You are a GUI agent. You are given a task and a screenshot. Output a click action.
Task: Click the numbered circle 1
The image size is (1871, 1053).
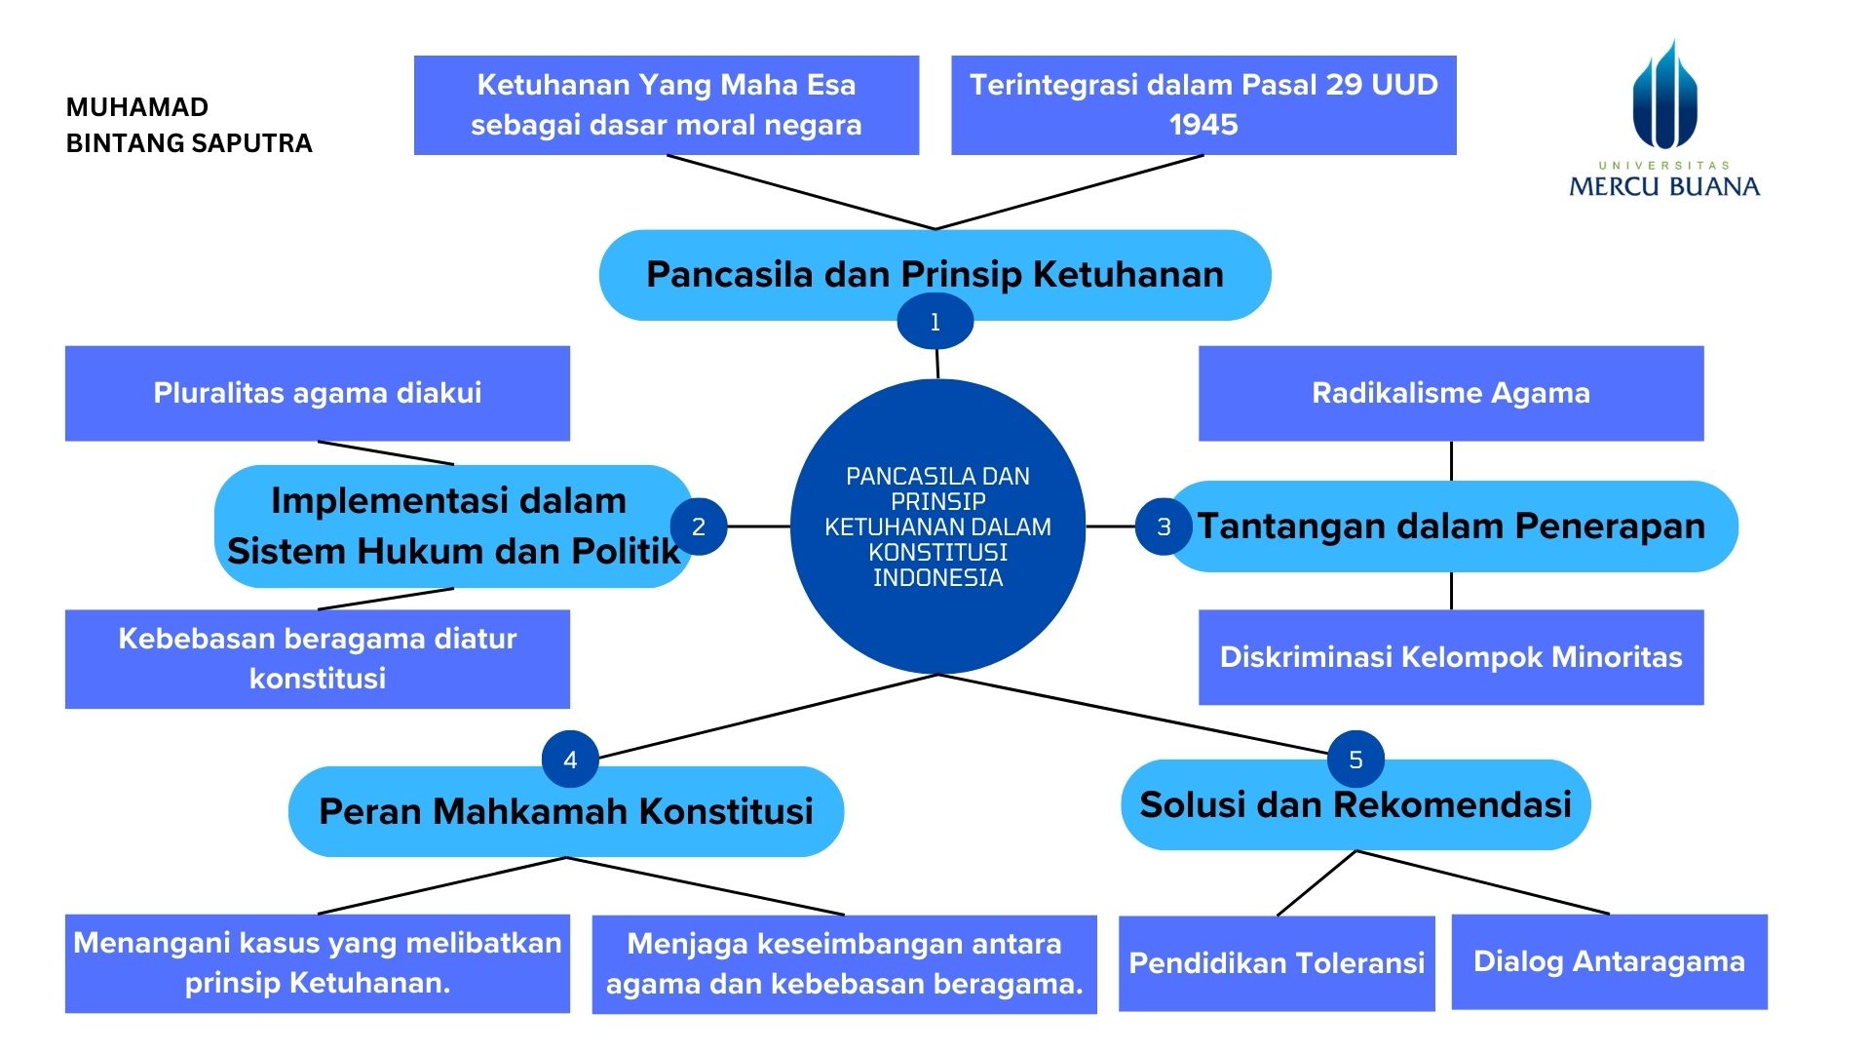coord(935,322)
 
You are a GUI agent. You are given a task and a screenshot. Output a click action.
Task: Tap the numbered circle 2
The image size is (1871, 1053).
coord(698,526)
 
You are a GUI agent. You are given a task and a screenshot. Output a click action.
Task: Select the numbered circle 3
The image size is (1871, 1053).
coord(1164,526)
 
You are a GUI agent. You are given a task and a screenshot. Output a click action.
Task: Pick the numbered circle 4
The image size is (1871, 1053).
coord(570,760)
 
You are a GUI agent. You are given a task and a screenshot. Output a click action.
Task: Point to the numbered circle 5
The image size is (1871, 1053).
coord(1356,760)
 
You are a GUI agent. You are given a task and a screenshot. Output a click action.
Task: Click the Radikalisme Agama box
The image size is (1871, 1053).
coord(1450,393)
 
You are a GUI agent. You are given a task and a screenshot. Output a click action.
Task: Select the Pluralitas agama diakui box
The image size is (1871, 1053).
coord(317,393)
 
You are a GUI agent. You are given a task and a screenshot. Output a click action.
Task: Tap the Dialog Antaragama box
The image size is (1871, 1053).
coord(1609,961)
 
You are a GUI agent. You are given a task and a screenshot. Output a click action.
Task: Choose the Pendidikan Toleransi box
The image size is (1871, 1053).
coord(1277,963)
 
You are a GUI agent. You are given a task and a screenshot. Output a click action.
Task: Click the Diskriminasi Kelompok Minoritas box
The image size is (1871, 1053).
coord(1450,657)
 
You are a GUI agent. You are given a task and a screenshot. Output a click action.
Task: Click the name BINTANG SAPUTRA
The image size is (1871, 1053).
coord(189,143)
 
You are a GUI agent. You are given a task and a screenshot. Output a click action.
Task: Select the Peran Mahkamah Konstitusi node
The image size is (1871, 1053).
coord(565,811)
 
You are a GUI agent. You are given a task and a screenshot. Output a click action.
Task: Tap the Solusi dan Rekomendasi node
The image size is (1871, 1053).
coord(1356,805)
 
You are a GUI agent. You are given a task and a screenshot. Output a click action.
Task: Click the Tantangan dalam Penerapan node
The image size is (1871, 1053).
coord(1451,526)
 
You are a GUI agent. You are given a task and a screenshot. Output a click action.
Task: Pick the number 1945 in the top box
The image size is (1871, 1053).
coord(1203,125)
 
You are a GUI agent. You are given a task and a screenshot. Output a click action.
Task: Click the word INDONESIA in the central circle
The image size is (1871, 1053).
coord(937,578)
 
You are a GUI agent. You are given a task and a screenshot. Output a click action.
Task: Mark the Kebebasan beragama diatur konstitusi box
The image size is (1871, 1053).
coord(317,658)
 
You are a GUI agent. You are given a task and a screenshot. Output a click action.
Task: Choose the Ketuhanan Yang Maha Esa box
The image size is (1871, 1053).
coord(666,104)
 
